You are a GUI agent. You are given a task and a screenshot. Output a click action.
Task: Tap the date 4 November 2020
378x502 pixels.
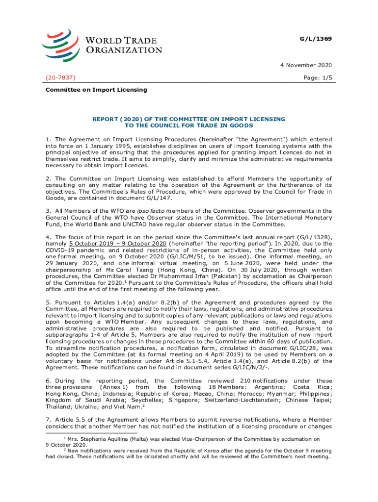click(308, 65)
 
